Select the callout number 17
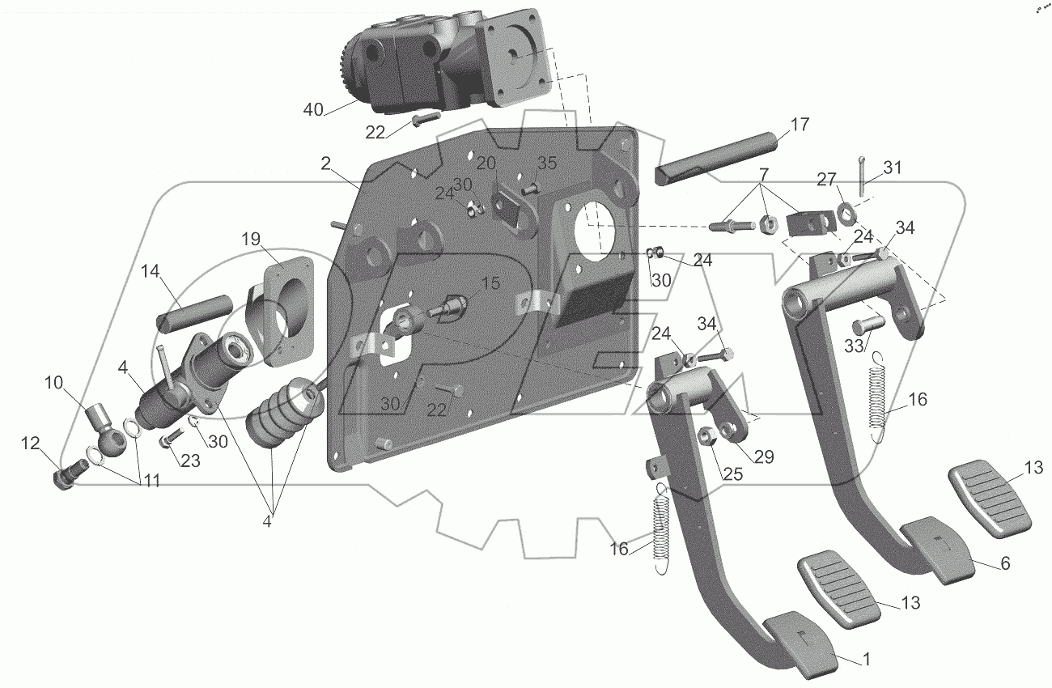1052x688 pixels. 799,125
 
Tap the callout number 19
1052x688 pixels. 251,239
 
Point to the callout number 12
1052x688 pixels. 30,444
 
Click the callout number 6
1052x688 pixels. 1004,564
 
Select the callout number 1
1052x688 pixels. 867,660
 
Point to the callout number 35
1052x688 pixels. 547,163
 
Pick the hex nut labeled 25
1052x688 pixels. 705,438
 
